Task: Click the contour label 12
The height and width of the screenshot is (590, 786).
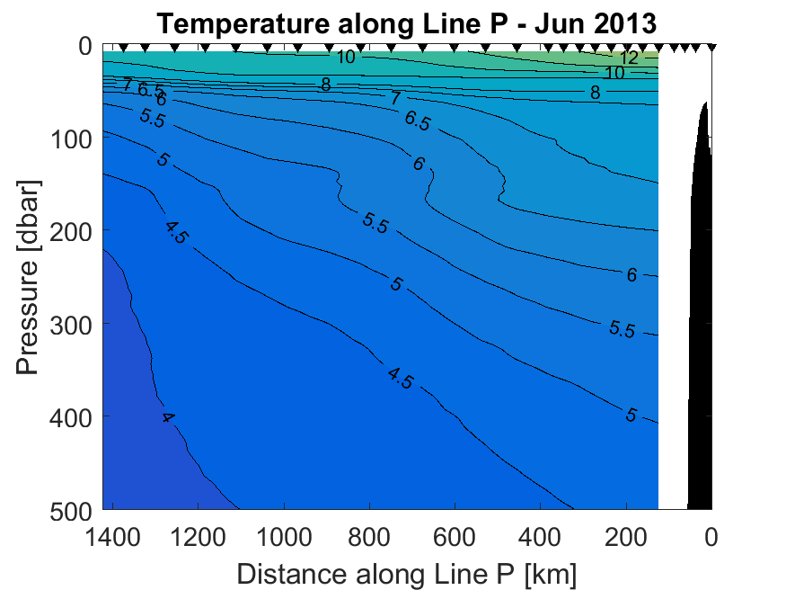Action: pos(629,58)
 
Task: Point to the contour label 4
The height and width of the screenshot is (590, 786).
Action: pos(167,417)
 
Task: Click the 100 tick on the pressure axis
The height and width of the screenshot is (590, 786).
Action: pos(74,139)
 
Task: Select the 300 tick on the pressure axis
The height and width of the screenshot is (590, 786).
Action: pos(74,324)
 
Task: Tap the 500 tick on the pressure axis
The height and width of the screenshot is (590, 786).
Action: pos(74,509)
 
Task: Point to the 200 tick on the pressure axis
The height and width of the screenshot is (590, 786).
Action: pos(74,231)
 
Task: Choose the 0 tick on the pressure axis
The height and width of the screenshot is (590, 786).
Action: pos(85,46)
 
